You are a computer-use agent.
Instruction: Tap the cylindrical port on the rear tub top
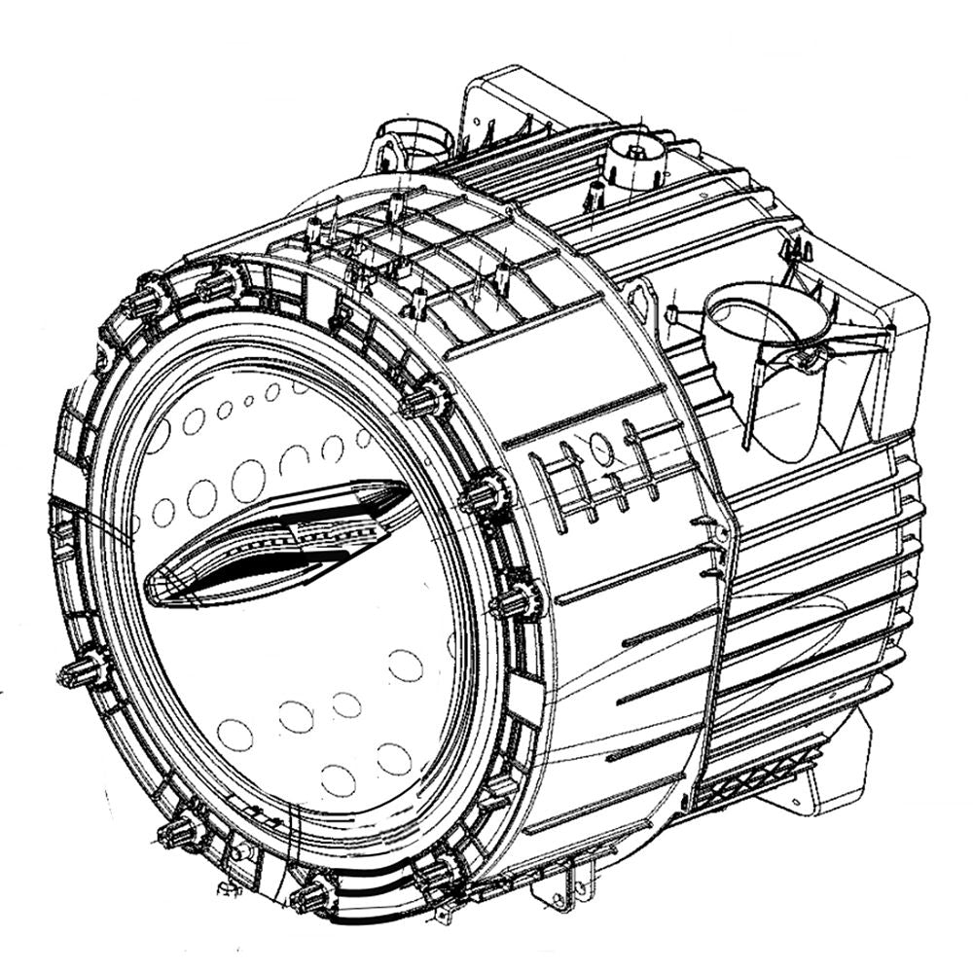click(637, 165)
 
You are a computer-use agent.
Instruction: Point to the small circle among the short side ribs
click(600, 450)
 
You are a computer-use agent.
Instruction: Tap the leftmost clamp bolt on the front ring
click(83, 670)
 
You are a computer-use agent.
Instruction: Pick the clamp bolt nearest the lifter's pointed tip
click(484, 496)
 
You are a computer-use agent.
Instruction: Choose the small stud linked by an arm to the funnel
click(672, 312)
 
